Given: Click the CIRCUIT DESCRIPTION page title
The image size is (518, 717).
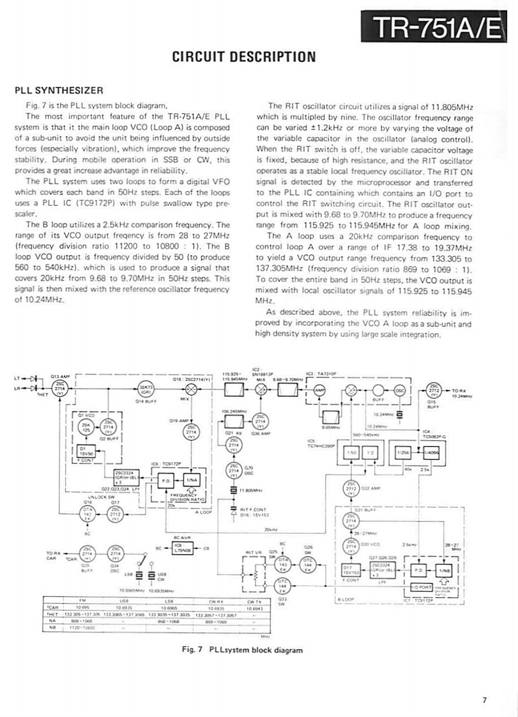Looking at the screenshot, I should [x=245, y=56].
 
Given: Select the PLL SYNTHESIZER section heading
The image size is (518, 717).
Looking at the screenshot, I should [x=56, y=90].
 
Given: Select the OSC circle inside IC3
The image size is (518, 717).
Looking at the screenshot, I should [x=400, y=390].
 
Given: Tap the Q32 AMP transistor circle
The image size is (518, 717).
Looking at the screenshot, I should [x=350, y=488].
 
